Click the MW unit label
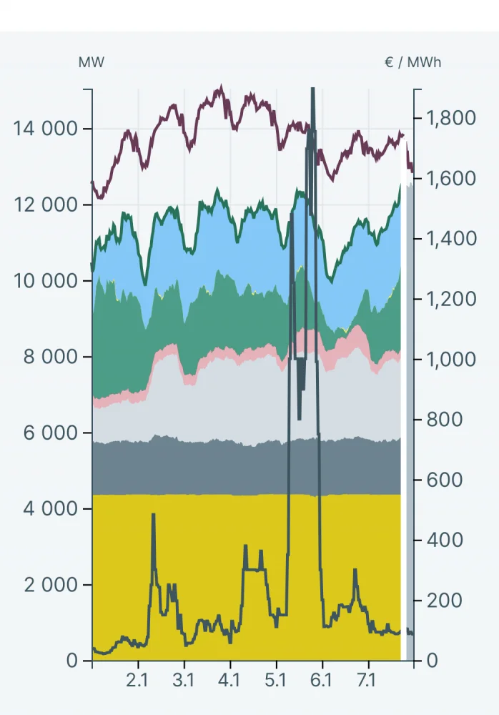(91, 62)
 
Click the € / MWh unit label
(412, 62)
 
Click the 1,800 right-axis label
(451, 118)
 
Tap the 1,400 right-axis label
(451, 238)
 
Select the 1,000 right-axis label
(451, 359)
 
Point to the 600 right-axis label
(445, 480)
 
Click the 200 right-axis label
(445, 600)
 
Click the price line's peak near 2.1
(153, 515)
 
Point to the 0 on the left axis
(72, 661)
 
